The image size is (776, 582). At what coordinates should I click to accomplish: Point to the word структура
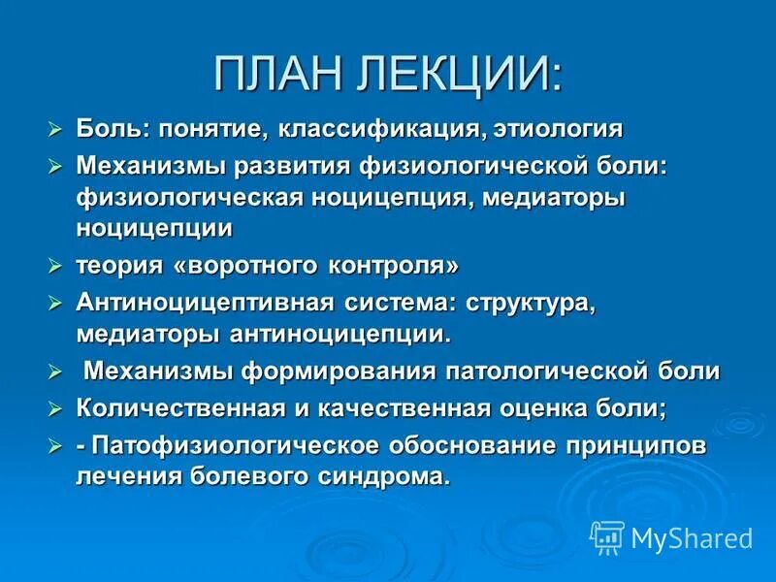[530, 303]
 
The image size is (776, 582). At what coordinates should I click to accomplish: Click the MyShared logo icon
[607, 536]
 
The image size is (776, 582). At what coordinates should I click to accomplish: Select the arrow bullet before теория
[55, 266]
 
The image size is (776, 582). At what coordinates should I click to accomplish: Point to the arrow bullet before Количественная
[55, 408]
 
